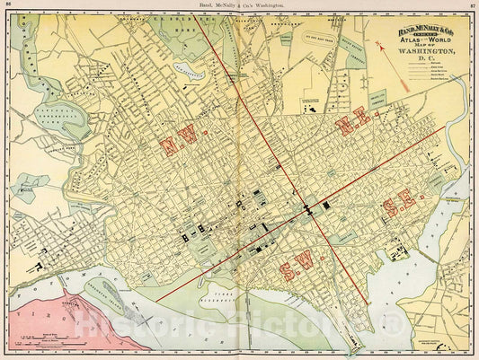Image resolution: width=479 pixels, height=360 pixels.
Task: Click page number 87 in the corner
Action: [471, 6]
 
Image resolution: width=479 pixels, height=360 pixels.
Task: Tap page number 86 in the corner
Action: [8, 6]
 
